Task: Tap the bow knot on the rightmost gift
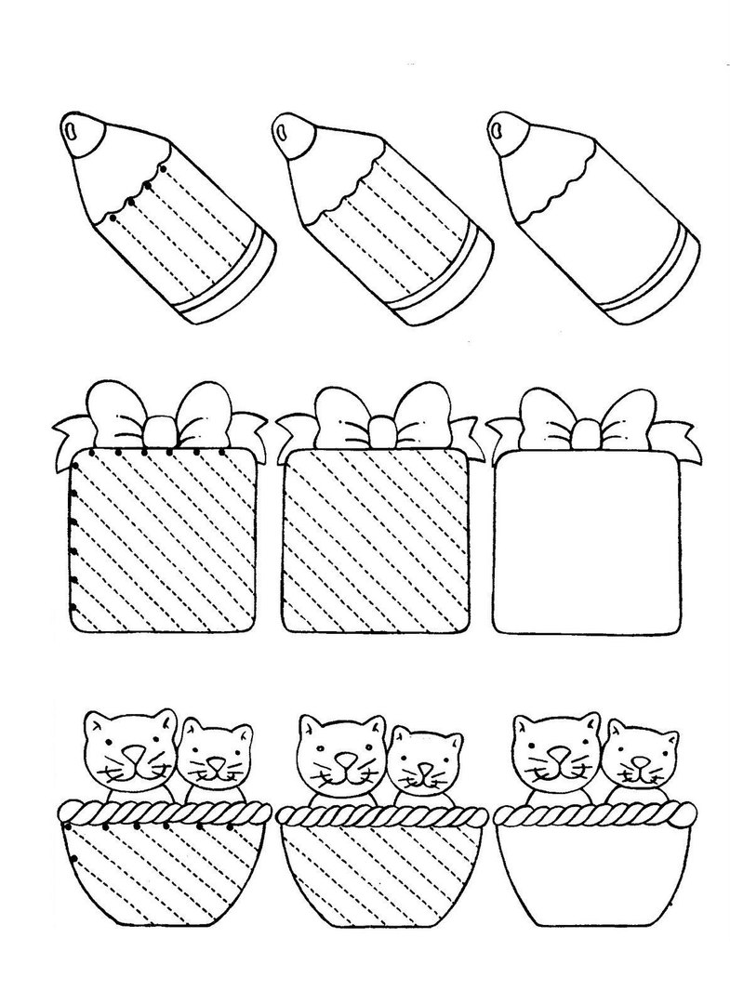pyautogui.click(x=585, y=431)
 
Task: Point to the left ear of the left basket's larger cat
pyautogui.click(x=94, y=724)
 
